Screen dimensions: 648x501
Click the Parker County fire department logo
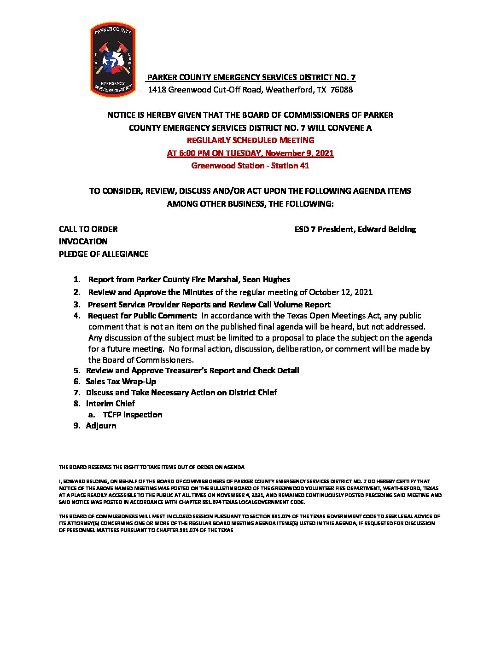(x=113, y=60)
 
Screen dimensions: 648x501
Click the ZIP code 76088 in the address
(x=342, y=90)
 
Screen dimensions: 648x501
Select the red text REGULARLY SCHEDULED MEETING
(x=250, y=140)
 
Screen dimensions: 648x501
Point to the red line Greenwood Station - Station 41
(x=250, y=166)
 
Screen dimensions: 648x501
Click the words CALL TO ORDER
(x=88, y=229)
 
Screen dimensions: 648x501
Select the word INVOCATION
(x=83, y=242)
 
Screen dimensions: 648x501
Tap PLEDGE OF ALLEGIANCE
(x=104, y=254)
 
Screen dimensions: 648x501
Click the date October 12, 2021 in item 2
(x=341, y=292)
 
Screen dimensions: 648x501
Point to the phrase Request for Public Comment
(x=142, y=316)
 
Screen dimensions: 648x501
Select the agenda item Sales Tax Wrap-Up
(x=121, y=382)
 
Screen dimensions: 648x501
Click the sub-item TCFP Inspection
(x=133, y=415)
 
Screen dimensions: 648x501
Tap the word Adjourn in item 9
(x=101, y=426)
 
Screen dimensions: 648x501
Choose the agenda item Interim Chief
(x=110, y=404)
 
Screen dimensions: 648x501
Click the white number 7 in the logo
(x=113, y=61)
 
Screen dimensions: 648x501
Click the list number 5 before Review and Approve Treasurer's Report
(x=76, y=370)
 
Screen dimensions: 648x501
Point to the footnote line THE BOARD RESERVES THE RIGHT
(x=151, y=467)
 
